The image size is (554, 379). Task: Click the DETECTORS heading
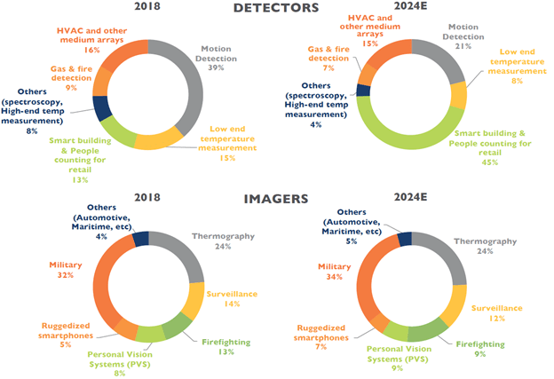[275, 9]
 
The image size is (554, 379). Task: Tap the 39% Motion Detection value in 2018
[216, 68]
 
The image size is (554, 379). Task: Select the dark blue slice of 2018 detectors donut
[100, 107]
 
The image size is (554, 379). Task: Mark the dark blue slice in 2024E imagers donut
[405, 237]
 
